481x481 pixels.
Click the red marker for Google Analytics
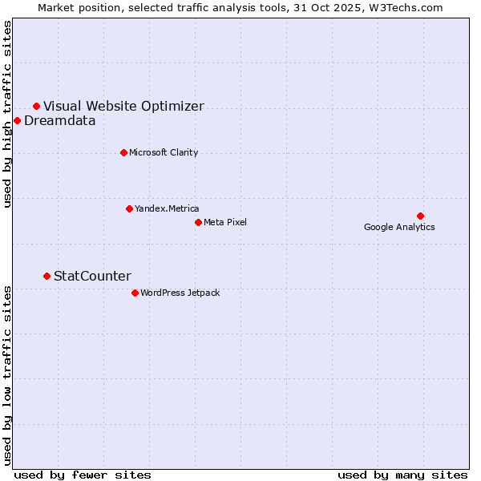tap(420, 216)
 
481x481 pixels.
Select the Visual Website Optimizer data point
tap(36, 106)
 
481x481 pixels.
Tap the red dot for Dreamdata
tap(17, 120)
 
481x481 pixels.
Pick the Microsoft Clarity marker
tap(123, 152)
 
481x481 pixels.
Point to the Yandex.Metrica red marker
tap(129, 208)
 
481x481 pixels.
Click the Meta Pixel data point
tap(198, 222)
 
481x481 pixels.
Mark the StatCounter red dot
tap(46, 276)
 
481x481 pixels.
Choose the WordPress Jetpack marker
tap(135, 293)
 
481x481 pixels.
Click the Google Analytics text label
tap(399, 228)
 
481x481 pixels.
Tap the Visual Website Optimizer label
tap(123, 106)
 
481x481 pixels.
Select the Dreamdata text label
tap(60, 121)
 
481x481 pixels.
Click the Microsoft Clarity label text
tap(164, 153)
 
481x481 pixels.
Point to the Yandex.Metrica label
tap(167, 209)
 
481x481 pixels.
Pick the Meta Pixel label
tap(225, 223)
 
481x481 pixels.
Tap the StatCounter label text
tap(92, 277)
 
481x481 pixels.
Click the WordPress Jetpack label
tap(180, 293)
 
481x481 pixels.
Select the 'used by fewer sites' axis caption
tap(83, 475)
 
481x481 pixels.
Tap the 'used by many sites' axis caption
tap(402, 475)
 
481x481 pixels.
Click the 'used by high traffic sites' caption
tap(8, 114)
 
